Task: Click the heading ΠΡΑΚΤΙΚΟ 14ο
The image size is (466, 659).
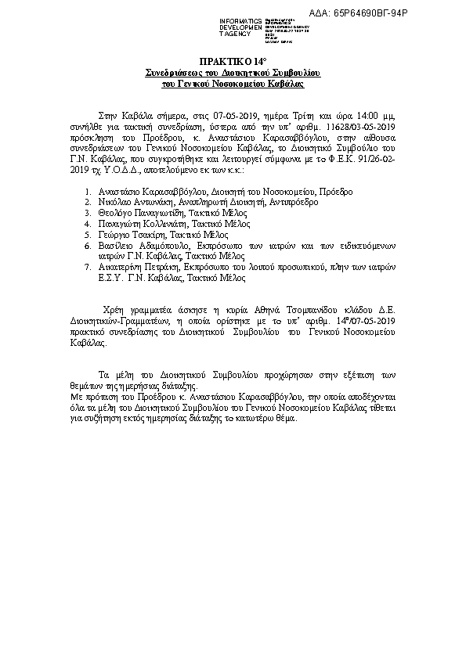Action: click(x=233, y=60)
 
